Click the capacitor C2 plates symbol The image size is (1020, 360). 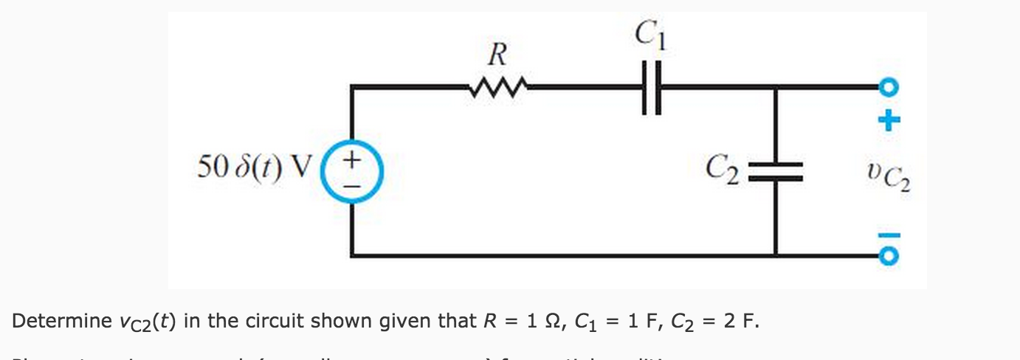point(775,170)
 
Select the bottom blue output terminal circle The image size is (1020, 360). point(890,255)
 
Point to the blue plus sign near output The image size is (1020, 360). point(892,117)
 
